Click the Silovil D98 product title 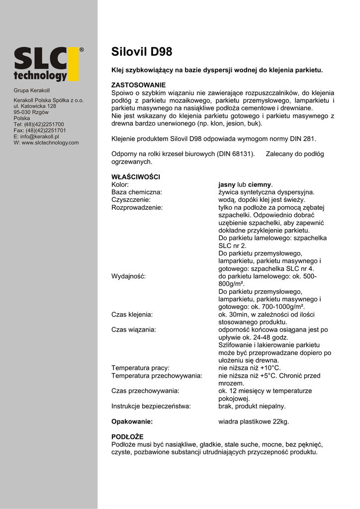(142, 53)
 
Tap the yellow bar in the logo (74, 64)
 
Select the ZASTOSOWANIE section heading (138, 85)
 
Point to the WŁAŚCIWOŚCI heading (136, 177)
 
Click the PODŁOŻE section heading (127, 437)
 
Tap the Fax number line (40, 130)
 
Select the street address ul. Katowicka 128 (35, 106)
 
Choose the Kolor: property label (120, 184)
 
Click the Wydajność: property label (128, 276)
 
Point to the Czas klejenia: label (132, 315)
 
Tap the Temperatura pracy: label (140, 368)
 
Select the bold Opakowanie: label (132, 422)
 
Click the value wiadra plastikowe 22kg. (254, 422)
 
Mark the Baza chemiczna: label (137, 192)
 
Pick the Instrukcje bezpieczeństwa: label (151, 406)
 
